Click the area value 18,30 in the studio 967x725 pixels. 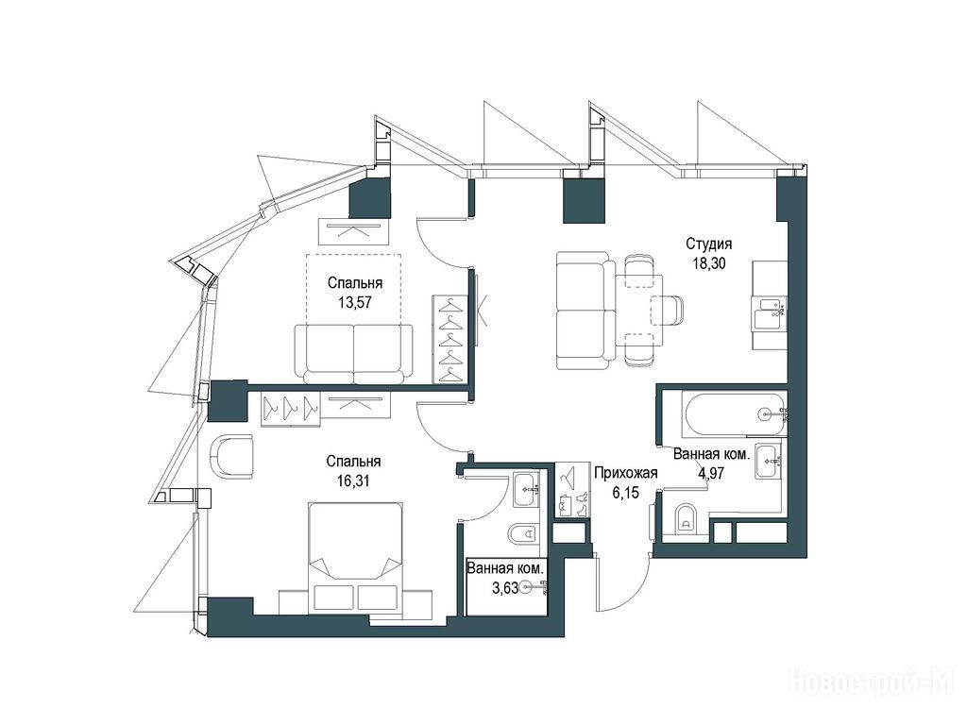(x=708, y=263)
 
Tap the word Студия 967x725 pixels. (x=708, y=244)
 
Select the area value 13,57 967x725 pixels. (x=355, y=302)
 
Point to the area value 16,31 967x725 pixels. (x=353, y=481)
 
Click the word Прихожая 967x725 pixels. (x=625, y=473)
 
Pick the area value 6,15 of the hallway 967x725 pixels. (x=626, y=493)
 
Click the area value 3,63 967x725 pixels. (x=504, y=588)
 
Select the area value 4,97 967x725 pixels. (x=711, y=474)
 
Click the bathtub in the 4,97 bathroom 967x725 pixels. (x=734, y=413)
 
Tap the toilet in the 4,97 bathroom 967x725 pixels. (x=684, y=518)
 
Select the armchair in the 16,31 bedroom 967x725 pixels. (x=232, y=457)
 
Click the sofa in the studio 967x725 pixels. (x=585, y=310)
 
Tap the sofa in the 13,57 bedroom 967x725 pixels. (x=353, y=355)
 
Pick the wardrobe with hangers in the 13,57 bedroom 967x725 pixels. (x=450, y=339)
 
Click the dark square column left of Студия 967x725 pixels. (x=585, y=200)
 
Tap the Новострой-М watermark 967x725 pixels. (x=872, y=683)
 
